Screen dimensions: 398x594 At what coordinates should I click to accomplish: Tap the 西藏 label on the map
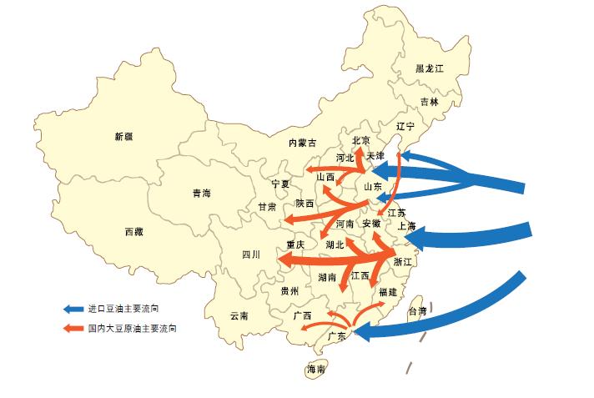[133, 231]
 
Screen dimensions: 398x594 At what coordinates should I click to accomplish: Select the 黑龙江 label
[431, 68]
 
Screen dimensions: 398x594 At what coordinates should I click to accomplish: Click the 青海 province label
[201, 193]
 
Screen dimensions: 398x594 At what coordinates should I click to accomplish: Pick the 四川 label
[251, 254]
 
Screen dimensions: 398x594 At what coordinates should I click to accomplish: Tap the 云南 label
[239, 316]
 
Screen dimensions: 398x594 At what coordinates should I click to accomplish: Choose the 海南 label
[316, 369]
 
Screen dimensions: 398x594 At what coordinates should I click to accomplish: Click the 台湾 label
[416, 311]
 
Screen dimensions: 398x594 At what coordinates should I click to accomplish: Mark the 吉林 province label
[429, 102]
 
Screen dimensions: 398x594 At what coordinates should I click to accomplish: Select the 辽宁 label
[405, 127]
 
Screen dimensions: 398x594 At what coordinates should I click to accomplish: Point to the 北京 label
[361, 140]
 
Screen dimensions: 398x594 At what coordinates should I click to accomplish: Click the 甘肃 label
[267, 206]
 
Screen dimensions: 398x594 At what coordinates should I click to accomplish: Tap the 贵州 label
[289, 291]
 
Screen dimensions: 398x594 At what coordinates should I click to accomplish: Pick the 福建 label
[388, 292]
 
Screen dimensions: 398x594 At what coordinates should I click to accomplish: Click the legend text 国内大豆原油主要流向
[132, 328]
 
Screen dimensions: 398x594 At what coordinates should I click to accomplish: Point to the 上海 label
[407, 225]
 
